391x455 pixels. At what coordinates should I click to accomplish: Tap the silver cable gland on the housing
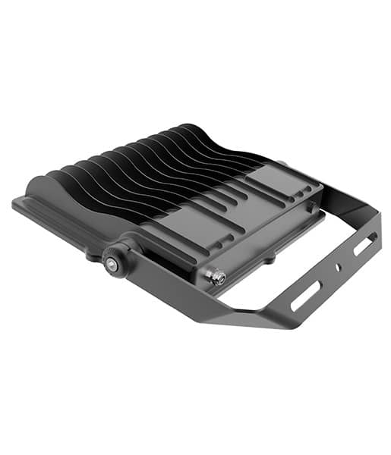pos(218,278)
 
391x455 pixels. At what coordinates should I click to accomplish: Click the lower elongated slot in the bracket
pos(307,294)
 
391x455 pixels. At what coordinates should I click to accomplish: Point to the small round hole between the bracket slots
pos(339,268)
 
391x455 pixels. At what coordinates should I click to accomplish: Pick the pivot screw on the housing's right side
pos(282,164)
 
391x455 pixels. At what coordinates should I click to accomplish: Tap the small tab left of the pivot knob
pos(92,256)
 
